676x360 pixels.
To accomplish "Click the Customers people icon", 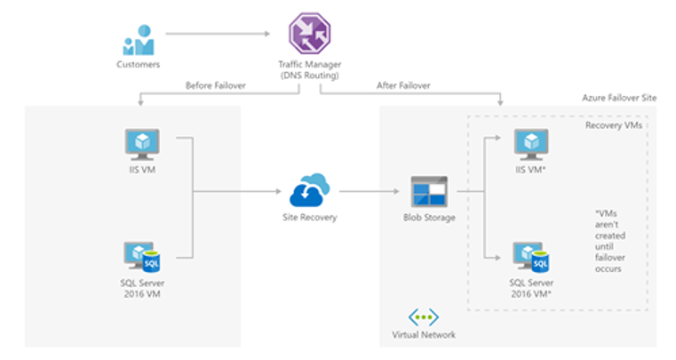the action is (x=138, y=40).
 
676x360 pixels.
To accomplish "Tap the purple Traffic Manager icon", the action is (x=309, y=33).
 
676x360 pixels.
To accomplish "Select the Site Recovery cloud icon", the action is (x=309, y=190).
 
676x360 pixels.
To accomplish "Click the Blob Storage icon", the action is (x=429, y=191).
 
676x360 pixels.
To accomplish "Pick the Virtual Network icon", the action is (x=424, y=317).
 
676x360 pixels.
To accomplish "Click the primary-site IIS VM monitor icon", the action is (x=142, y=145).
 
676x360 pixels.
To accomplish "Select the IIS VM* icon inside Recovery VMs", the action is (x=531, y=145).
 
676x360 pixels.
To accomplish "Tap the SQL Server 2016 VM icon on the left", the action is (x=142, y=257).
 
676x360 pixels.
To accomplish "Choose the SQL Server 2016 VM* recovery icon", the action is (x=530, y=257).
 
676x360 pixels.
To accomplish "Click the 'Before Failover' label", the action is (x=216, y=85).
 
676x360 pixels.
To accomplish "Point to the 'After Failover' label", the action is (x=403, y=85).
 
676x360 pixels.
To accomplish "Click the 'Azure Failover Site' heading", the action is (x=619, y=98).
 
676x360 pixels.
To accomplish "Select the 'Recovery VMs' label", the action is (x=614, y=125).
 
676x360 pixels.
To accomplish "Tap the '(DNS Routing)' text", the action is (x=309, y=76).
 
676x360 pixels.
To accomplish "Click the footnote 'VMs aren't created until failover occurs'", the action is (x=610, y=241).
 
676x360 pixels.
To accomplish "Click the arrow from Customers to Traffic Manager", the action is (x=218, y=34).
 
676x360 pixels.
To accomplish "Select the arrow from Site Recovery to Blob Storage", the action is (x=370, y=191).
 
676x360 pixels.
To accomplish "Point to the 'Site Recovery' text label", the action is (x=309, y=217).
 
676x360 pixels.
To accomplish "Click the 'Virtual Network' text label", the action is (x=424, y=334).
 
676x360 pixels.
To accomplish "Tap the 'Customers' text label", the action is (x=138, y=64).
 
